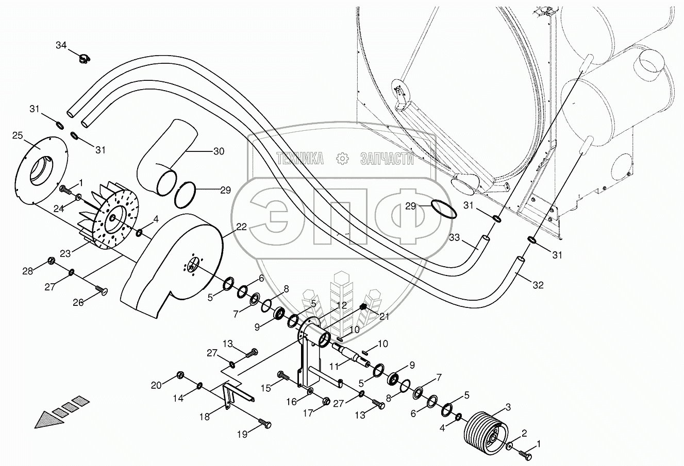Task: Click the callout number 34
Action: point(61,46)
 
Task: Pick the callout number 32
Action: point(538,285)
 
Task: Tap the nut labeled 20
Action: point(180,374)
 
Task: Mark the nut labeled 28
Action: point(52,260)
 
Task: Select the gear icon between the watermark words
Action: point(342,159)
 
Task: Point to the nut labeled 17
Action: point(326,401)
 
